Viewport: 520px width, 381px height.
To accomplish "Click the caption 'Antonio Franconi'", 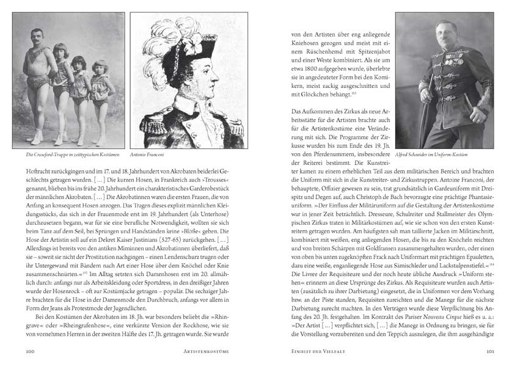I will (147, 155).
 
